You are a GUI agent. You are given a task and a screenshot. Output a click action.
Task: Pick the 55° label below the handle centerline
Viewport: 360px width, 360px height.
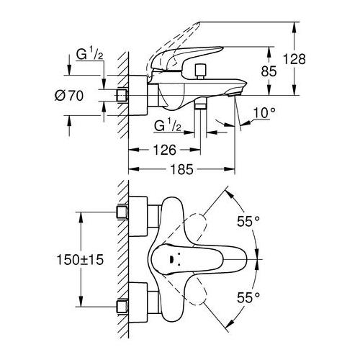pos(250,296)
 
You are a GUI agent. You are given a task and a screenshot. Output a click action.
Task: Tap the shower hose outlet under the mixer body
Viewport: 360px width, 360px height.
pos(202,107)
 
